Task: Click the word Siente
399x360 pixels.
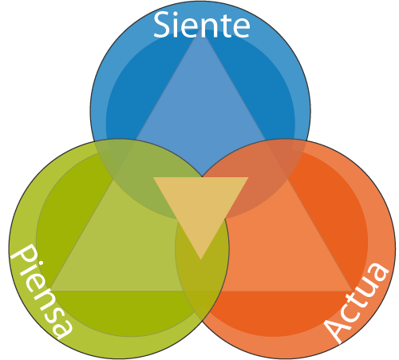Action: pyautogui.click(x=202, y=26)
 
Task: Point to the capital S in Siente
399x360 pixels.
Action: pyautogui.click(x=162, y=26)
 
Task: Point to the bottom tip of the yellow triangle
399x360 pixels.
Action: pyautogui.click(x=201, y=259)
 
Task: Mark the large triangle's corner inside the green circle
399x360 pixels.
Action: pyautogui.click(x=50, y=291)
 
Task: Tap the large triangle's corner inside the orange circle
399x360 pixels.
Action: pyautogui.click(x=352, y=291)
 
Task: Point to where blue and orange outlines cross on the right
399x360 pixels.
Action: pyautogui.click(x=307, y=141)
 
